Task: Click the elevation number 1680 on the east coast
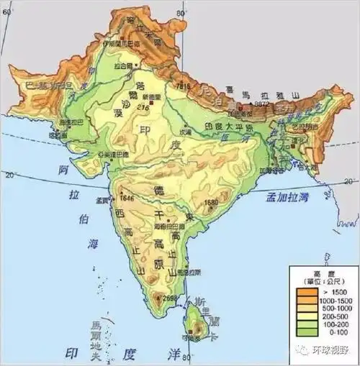tap(210, 203)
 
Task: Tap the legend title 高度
tap(318, 273)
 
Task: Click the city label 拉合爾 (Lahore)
tap(127, 65)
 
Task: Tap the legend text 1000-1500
tap(330, 301)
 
